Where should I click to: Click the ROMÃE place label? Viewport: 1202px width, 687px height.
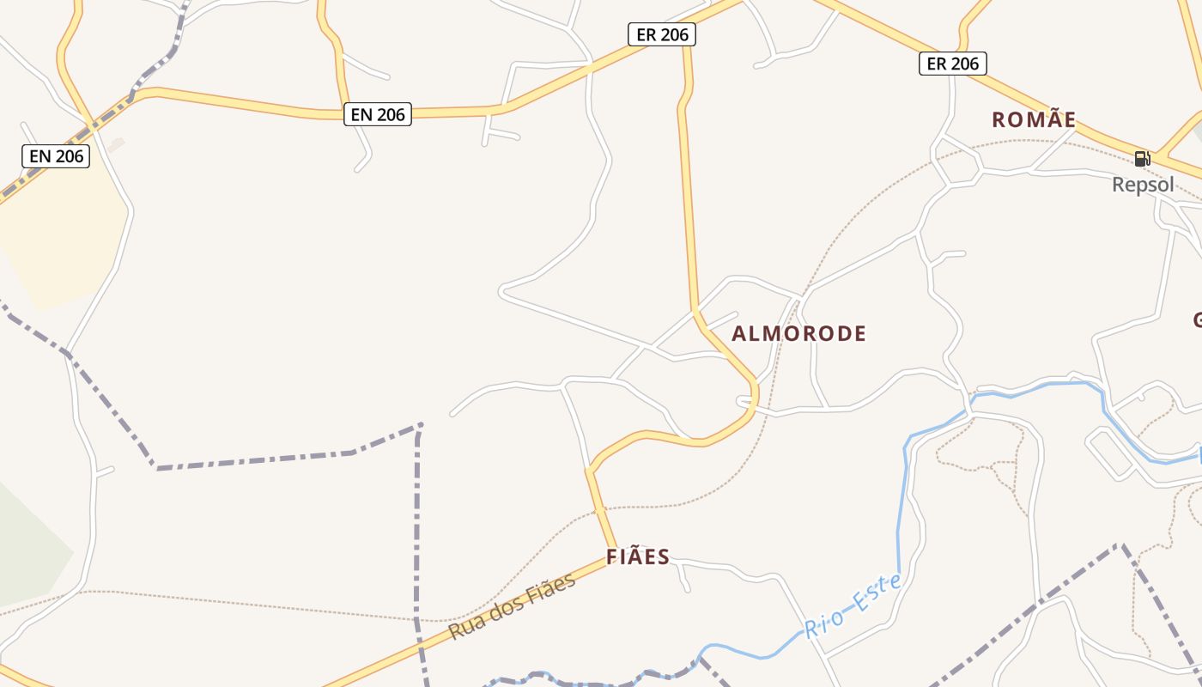1034,120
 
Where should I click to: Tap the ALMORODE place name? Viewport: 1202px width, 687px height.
798,333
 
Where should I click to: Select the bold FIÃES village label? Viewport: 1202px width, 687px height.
638,556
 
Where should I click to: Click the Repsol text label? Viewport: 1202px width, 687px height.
1142,185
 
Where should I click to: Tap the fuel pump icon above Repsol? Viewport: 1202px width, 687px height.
1142,159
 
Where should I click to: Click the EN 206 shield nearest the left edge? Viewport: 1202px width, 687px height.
56,155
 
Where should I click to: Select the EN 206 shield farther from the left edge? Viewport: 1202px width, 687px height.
378,113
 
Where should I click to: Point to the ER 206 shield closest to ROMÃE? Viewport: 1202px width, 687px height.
953,64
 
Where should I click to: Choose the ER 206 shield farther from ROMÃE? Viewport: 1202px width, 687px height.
661,34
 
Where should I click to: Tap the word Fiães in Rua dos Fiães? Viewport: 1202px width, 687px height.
549,593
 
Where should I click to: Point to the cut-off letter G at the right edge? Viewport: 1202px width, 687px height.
1197,320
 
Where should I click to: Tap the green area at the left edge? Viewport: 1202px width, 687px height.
26,550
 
